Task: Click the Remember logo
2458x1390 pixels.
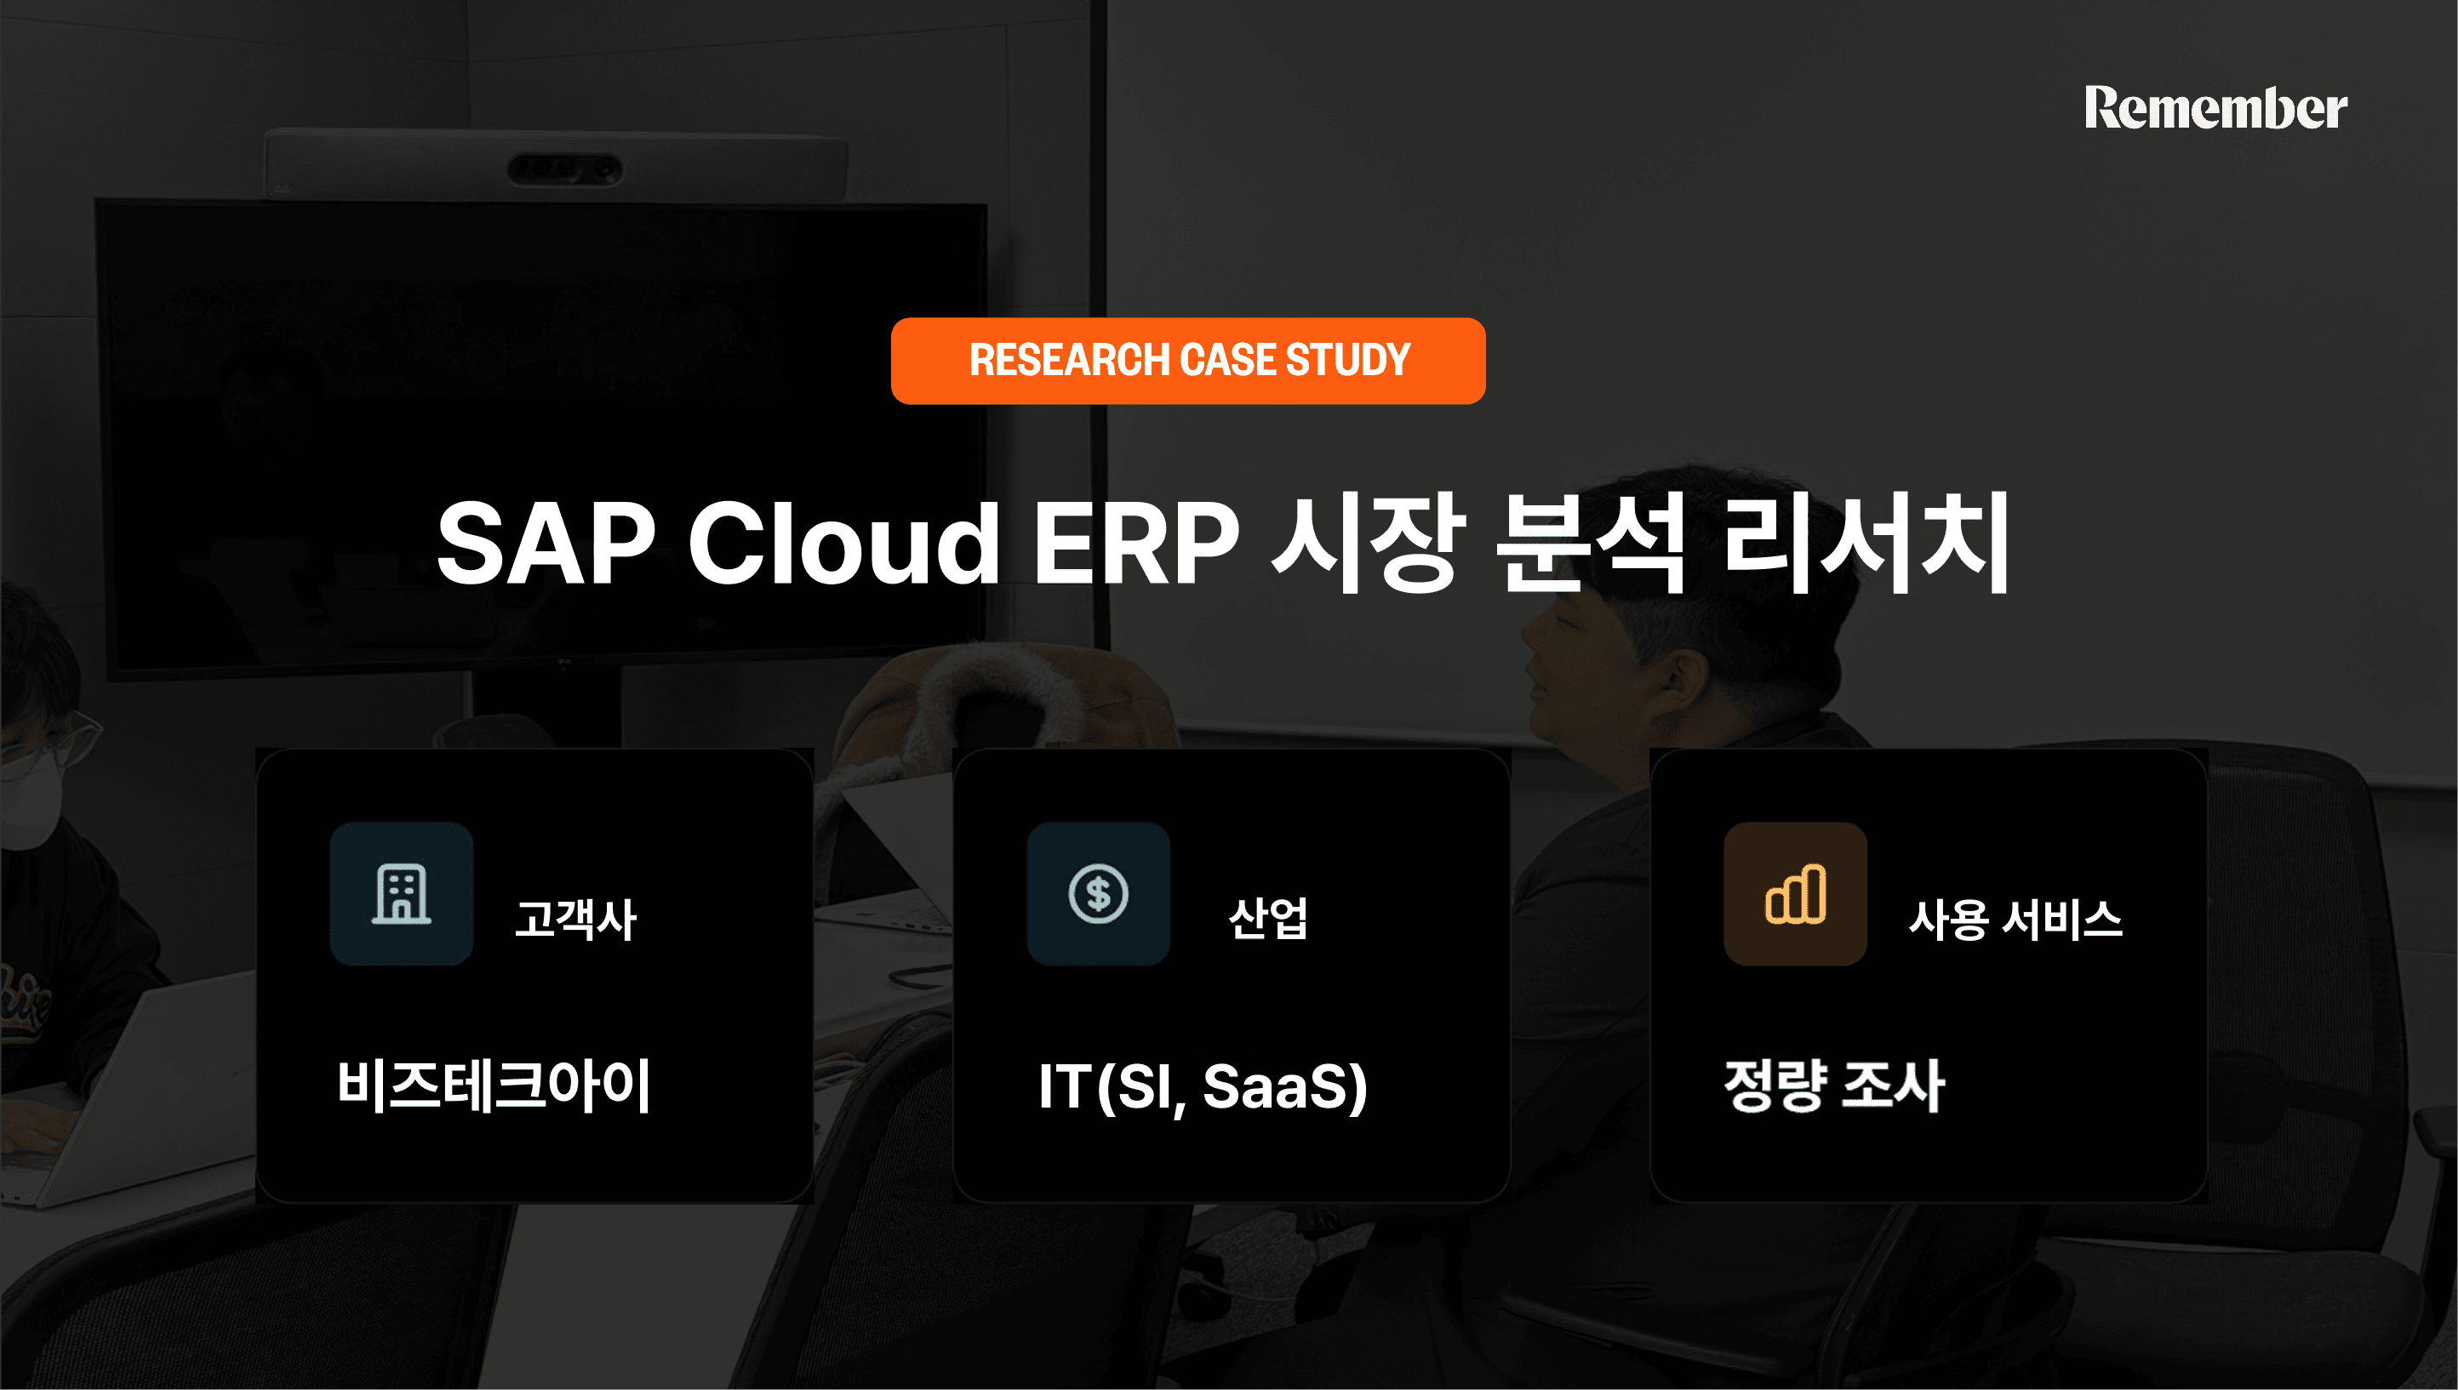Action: click(x=2215, y=108)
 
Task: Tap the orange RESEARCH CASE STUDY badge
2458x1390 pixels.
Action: click(x=1187, y=361)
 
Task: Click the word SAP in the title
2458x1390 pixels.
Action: click(x=546, y=544)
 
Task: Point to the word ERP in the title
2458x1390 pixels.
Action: click(x=1136, y=544)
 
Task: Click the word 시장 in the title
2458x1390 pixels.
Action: click(x=1369, y=544)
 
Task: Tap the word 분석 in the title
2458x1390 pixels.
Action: click(x=1591, y=544)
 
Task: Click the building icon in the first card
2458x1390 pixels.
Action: click(x=401, y=893)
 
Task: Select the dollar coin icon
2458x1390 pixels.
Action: click(x=1098, y=893)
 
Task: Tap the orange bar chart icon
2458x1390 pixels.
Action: click(x=1795, y=893)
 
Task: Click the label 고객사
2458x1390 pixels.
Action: click(x=574, y=920)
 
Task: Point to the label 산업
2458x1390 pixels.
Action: click(x=1268, y=920)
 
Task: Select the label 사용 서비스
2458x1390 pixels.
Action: click(x=2015, y=920)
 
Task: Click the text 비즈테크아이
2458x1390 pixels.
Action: click(x=494, y=1085)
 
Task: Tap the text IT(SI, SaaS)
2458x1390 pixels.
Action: click(x=1203, y=1085)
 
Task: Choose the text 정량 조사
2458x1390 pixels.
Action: click(x=1833, y=1085)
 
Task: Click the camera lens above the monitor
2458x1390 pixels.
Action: click(x=563, y=170)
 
